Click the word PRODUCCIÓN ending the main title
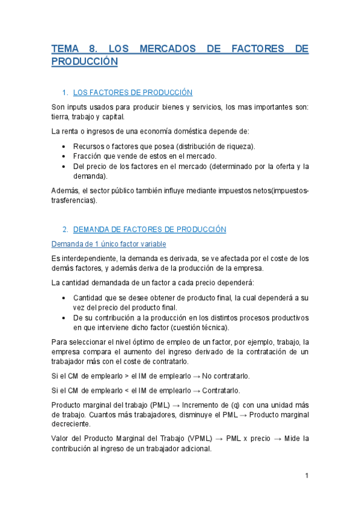[x=84, y=62]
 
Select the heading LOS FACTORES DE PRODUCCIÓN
[x=132, y=93]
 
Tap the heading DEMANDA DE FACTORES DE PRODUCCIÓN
[x=149, y=229]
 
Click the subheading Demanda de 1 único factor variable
[x=109, y=244]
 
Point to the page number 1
[x=307, y=476]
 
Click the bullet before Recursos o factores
[x=64, y=146]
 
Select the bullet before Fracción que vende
[x=64, y=156]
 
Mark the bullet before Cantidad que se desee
[x=64, y=298]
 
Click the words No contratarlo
[x=226, y=376]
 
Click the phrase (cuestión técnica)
[x=198, y=328]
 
